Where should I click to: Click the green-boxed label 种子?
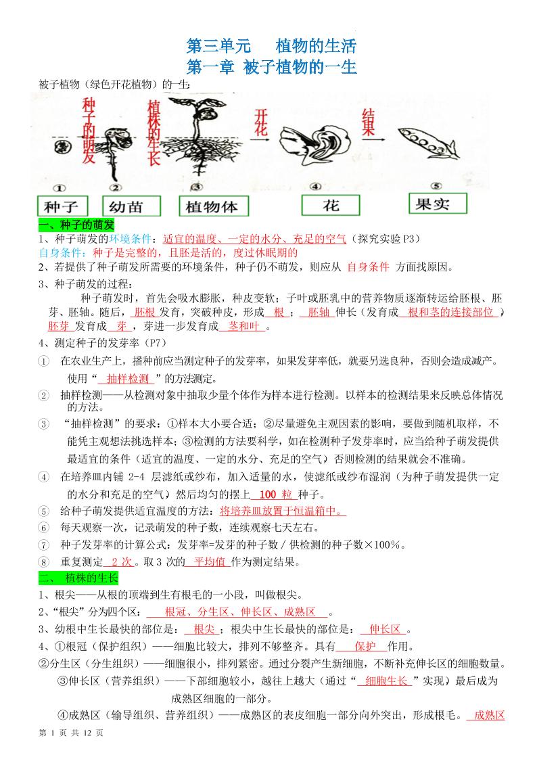pyautogui.click(x=62, y=206)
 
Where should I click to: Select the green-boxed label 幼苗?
pyautogui.click(x=131, y=206)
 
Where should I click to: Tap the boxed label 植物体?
pyautogui.click(x=214, y=206)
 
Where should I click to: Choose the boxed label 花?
pyautogui.click(x=331, y=205)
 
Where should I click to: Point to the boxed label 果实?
pyautogui.click(x=438, y=204)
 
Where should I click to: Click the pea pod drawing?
pyautogui.click(x=428, y=143)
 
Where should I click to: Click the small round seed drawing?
pyautogui.click(x=62, y=146)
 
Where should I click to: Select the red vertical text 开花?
pyautogui.click(x=261, y=123)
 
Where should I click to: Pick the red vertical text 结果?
pyautogui.click(x=368, y=122)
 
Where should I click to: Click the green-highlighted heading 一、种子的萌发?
pyautogui.click(x=76, y=225)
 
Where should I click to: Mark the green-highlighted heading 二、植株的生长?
pyautogui.click(x=78, y=578)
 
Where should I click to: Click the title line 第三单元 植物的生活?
pyautogui.click(x=271, y=46)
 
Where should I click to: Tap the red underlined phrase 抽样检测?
pyautogui.click(x=128, y=379)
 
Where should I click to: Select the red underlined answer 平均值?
pyautogui.click(x=210, y=562)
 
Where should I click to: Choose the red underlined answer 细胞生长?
pyautogui.click(x=386, y=681)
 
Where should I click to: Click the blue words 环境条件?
pyautogui.click(x=130, y=239)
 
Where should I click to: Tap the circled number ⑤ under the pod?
pyautogui.click(x=436, y=186)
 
